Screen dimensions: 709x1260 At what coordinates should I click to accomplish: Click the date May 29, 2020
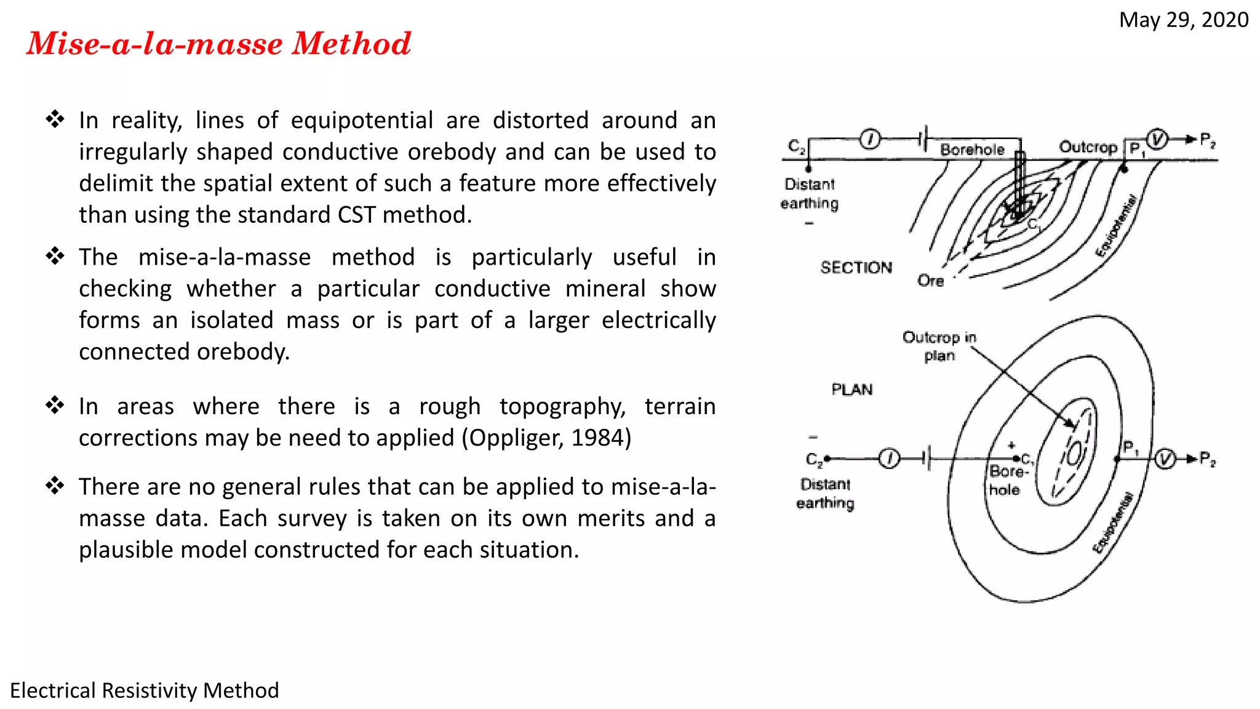pos(1183,20)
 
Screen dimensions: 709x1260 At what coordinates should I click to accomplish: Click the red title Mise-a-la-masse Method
pos(218,44)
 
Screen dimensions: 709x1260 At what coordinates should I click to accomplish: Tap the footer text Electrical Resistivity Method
pos(145,691)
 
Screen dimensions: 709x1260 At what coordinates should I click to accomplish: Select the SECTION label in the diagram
pos(856,268)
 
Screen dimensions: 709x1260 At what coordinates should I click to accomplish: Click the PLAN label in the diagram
pos(851,390)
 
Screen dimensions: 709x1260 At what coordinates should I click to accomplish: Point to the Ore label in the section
pos(930,281)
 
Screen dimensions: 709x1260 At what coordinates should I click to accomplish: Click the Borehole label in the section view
pos(972,150)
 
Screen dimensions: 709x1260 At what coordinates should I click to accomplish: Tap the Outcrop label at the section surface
pos(1088,147)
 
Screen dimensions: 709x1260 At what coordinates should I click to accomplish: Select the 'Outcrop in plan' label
pos(939,346)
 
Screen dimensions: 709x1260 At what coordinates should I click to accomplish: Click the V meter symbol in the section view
pos(1157,139)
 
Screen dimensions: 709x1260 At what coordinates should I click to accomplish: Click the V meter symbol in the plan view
pos(1165,459)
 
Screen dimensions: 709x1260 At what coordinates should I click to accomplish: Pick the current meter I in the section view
pos(870,140)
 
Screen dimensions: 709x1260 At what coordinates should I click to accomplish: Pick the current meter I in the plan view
pos(889,459)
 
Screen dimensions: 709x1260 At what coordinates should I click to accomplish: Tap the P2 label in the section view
pos(1208,140)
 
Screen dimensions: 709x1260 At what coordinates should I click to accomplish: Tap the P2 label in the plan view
pos(1208,459)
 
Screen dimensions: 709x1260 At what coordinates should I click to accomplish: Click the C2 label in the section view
pos(797,146)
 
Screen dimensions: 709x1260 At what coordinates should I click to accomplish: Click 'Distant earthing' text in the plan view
pos(825,494)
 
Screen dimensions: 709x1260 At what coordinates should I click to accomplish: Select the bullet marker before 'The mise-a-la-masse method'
pos(55,256)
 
